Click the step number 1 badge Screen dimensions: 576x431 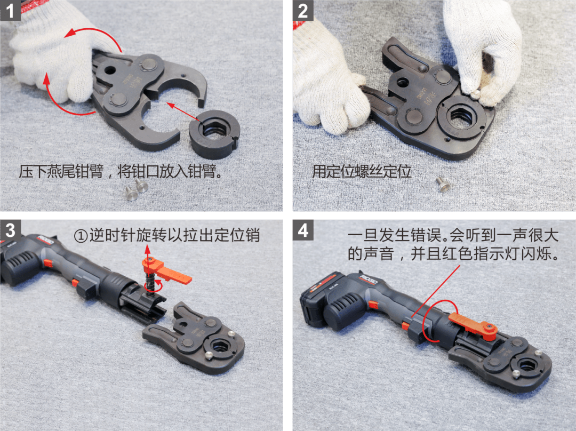point(10,10)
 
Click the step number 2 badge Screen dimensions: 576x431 point(303,10)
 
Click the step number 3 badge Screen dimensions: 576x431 point(10,230)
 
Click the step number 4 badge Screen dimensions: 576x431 point(303,230)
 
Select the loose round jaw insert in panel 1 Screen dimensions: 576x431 point(214,134)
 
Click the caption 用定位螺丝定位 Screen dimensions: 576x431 point(362,172)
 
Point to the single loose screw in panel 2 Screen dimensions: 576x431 point(443,183)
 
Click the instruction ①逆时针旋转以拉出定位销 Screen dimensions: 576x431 point(167,235)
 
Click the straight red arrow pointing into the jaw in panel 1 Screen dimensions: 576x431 point(183,113)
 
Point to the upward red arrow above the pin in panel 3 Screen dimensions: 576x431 point(147,253)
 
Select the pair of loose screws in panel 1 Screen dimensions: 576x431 point(136,189)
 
